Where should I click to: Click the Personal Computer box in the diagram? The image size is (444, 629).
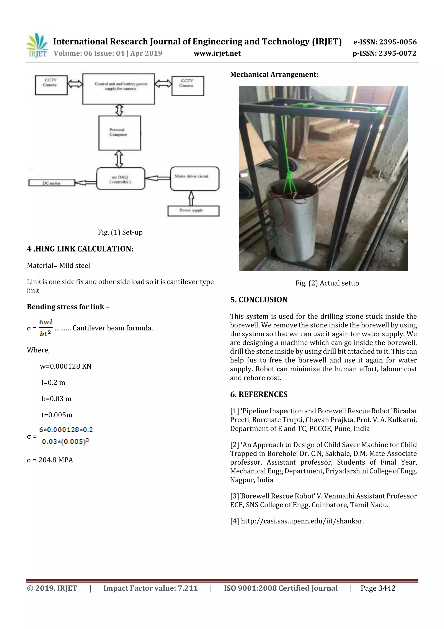click(119, 133)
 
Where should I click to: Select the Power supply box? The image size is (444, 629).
click(193, 211)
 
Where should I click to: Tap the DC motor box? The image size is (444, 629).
click(51, 183)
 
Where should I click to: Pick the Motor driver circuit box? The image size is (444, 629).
click(194, 178)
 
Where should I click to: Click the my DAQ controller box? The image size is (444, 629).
click(120, 179)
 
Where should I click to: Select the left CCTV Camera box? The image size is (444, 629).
click(51, 85)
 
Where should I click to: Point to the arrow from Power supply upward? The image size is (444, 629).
click(191, 198)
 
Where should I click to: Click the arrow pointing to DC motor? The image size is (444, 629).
click(85, 182)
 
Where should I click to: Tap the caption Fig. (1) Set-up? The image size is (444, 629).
click(120, 232)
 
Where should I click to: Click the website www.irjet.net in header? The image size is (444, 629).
click(217, 53)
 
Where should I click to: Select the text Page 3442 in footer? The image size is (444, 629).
click(378, 588)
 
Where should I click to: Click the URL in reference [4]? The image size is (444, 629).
click(302, 521)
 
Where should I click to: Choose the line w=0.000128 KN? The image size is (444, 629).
click(66, 366)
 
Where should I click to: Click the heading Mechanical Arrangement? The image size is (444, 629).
click(274, 74)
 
